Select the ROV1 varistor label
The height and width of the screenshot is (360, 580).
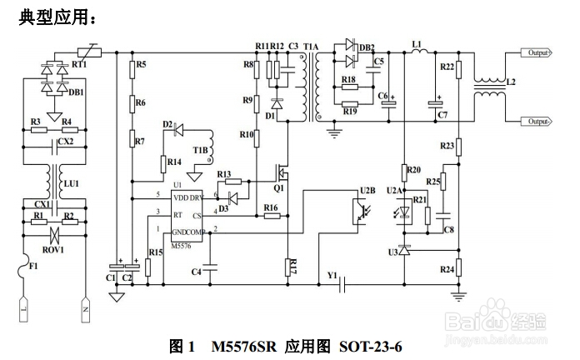click(x=53, y=247)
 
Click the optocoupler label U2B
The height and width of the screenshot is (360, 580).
click(x=367, y=192)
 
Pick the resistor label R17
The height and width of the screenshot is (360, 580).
click(x=289, y=267)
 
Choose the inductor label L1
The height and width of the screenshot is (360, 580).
click(x=417, y=42)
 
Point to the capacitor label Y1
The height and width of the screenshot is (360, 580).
click(x=333, y=274)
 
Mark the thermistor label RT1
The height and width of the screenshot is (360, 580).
click(x=80, y=63)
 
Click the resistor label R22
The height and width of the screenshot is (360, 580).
click(x=446, y=66)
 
